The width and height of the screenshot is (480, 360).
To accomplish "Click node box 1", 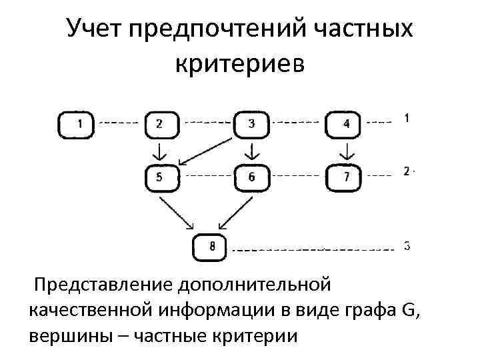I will click(x=76, y=124).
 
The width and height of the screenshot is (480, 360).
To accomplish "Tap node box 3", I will click(x=251, y=124).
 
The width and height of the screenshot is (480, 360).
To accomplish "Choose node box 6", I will click(x=251, y=177).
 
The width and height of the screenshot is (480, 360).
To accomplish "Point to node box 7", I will click(x=343, y=177).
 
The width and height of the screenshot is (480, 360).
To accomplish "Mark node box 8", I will click(x=209, y=247).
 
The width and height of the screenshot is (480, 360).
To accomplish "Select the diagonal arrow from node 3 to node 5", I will click(x=207, y=150).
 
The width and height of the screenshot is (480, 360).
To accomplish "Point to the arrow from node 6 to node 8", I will click(x=235, y=211).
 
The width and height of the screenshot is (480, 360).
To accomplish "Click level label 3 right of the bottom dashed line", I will click(x=407, y=245).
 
